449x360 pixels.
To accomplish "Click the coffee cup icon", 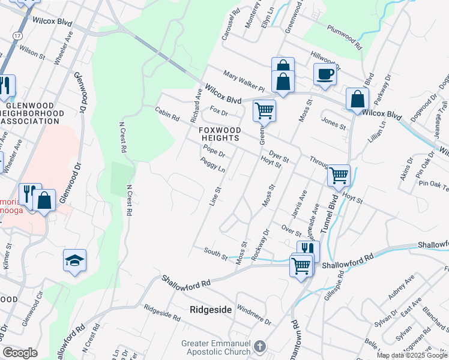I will pos(325,74).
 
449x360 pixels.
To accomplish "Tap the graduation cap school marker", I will pos(74,261).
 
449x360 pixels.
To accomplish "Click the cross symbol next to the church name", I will pos(259,347).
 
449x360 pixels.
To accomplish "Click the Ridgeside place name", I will pos(210,310).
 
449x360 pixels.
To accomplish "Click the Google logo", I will pos(20,353).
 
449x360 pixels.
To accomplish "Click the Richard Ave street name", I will pos(196,103).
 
